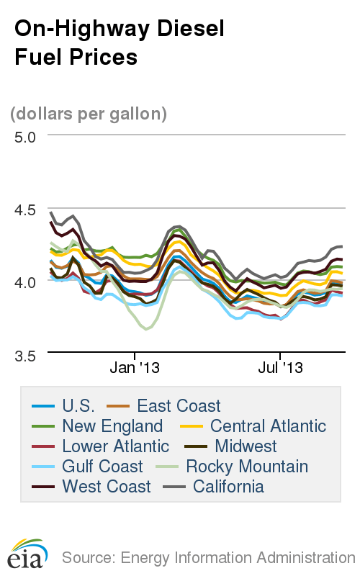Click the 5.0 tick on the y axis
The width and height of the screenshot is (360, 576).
(25, 135)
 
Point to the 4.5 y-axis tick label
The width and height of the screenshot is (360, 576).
(25, 210)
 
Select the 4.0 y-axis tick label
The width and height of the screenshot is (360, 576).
(25, 282)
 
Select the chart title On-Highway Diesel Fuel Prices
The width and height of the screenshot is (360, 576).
(120, 43)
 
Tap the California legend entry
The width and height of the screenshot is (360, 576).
(223, 487)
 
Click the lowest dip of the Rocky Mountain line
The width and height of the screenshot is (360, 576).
(148, 329)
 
